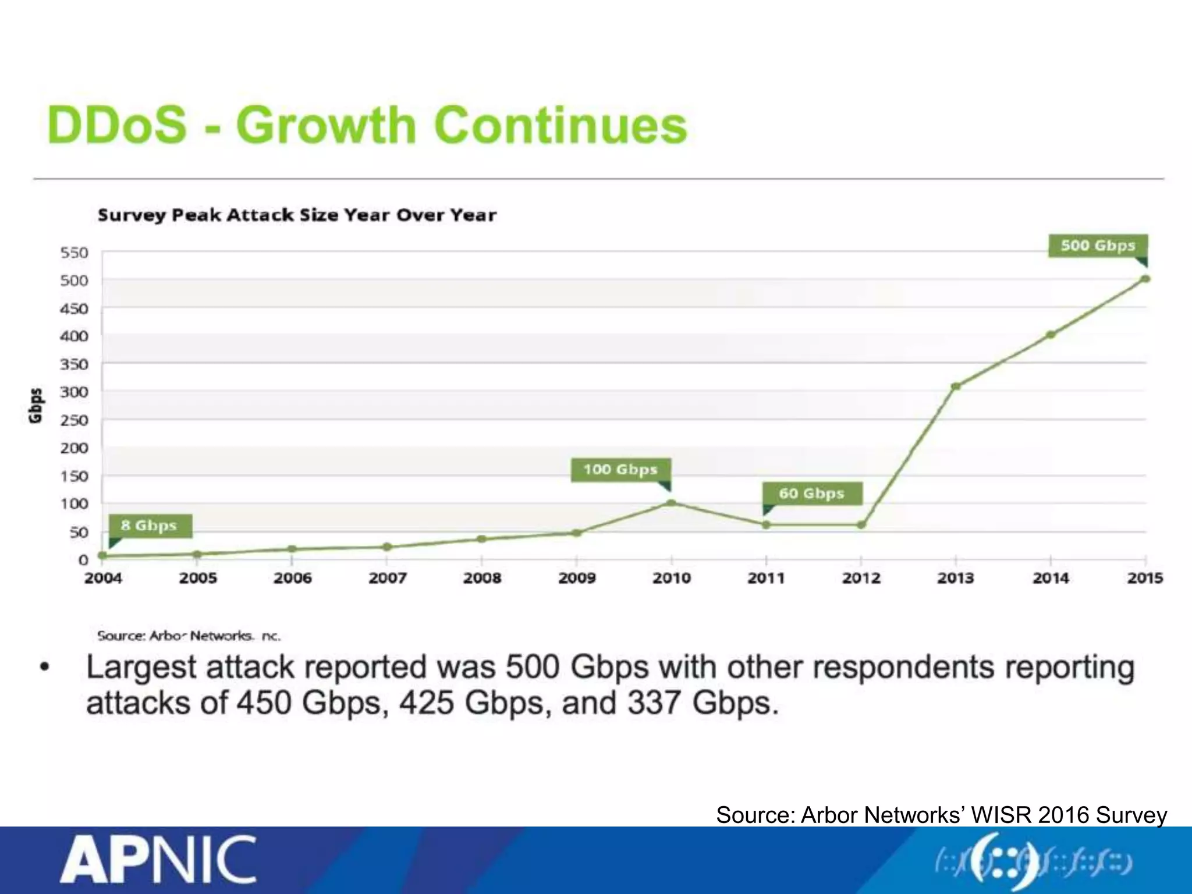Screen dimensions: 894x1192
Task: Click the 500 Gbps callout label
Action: coord(1097,245)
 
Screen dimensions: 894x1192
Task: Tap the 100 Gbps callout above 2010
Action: coord(620,469)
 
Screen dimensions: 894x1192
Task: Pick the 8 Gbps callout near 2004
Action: coord(149,525)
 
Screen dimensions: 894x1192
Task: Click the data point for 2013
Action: coord(956,386)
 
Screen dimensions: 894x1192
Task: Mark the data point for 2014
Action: coord(1051,335)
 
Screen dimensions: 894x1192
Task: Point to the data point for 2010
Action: coord(671,503)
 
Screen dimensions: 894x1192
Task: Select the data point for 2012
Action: coord(861,525)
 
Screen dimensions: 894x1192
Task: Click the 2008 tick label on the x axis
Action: coord(482,578)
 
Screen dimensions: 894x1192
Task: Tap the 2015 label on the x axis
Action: coord(1144,578)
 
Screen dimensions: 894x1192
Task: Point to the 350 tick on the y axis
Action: coord(74,364)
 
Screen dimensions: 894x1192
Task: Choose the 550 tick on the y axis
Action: coord(74,253)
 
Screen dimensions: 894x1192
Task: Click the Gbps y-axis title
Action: coord(36,405)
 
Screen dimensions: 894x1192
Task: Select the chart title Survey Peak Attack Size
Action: coord(297,215)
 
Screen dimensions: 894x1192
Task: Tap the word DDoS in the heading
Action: coord(116,125)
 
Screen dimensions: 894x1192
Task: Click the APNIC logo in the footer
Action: coord(158,860)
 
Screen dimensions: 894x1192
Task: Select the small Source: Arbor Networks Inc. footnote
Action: coord(189,636)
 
